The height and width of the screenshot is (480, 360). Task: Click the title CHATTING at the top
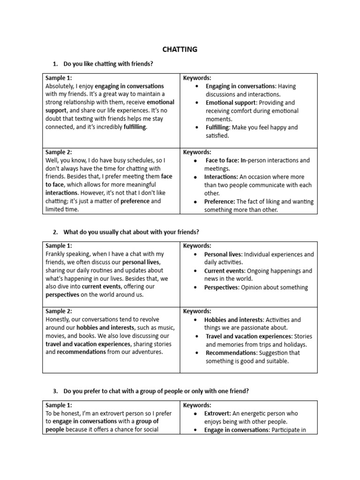tap(180, 49)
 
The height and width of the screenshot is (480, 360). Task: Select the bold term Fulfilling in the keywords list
tap(218, 127)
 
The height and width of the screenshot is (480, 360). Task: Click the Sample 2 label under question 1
tap(59, 152)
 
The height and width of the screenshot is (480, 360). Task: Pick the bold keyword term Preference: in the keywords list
tap(220, 202)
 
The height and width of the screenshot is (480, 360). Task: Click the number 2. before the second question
tap(55, 232)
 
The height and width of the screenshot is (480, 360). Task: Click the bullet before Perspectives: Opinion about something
tap(195, 287)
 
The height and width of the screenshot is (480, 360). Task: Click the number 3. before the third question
tap(55, 391)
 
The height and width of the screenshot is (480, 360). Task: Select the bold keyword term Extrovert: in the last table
tap(218, 413)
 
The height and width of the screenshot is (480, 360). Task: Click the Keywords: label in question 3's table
tap(197, 405)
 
